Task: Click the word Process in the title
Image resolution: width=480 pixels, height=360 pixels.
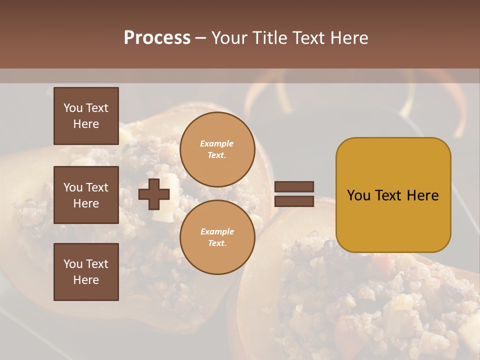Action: [x=157, y=38]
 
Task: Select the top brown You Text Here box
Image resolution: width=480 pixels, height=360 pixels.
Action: [x=86, y=116]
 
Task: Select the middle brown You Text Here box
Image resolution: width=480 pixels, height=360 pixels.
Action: [x=86, y=195]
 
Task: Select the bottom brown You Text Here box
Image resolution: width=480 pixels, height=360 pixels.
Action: [x=86, y=272]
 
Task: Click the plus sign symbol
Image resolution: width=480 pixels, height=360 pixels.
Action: [x=154, y=194]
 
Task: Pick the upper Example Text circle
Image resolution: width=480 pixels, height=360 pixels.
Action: [x=217, y=149]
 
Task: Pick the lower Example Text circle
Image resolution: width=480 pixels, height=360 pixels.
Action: [x=217, y=237]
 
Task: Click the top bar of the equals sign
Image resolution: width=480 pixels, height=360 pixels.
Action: [x=294, y=186]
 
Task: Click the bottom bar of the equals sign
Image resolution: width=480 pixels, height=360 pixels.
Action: [x=294, y=201]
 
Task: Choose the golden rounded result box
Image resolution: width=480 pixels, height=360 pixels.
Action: [x=393, y=195]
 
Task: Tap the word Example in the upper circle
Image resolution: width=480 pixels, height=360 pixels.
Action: [x=217, y=143]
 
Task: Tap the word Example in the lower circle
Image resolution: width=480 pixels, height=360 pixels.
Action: [x=217, y=231]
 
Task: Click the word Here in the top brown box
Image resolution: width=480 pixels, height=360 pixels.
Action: [x=86, y=124]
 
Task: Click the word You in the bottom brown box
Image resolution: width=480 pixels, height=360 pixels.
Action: [x=72, y=264]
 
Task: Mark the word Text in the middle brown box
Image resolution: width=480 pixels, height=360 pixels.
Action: [x=96, y=187]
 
